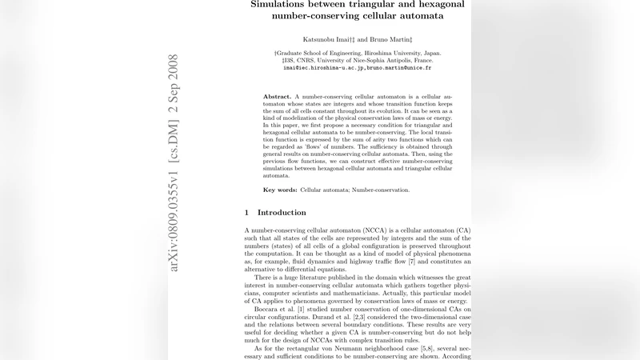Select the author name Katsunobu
[x=323, y=38]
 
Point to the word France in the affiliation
[x=420, y=60]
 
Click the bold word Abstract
[x=278, y=96]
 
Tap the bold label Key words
[x=279, y=190]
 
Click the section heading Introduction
[x=282, y=213]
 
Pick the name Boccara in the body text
[x=269, y=308]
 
